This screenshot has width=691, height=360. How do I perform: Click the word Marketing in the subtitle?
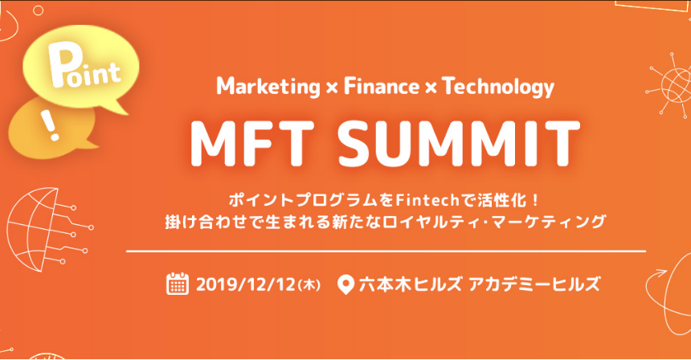pos(268,87)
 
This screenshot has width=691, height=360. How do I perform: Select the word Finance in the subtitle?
pos(382,86)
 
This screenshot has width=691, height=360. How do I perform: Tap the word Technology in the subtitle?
pos(498,87)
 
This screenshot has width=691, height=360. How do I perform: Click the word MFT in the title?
pos(252,142)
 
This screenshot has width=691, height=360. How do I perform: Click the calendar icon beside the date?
pos(178,284)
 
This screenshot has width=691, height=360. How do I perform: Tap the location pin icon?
pos(345,284)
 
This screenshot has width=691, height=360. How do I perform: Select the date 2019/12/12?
pos(245,284)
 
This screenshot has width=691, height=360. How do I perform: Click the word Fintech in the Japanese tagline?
pos(427,200)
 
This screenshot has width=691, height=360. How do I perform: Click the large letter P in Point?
pos(62,66)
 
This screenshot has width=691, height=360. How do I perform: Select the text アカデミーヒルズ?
pos(534,284)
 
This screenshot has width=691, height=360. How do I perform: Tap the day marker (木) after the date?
pos(309,285)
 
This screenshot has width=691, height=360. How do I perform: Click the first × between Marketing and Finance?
pos(332,88)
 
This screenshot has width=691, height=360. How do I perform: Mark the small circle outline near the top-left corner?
pos(39,10)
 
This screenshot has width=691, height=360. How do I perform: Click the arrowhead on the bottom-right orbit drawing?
pos(660,274)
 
